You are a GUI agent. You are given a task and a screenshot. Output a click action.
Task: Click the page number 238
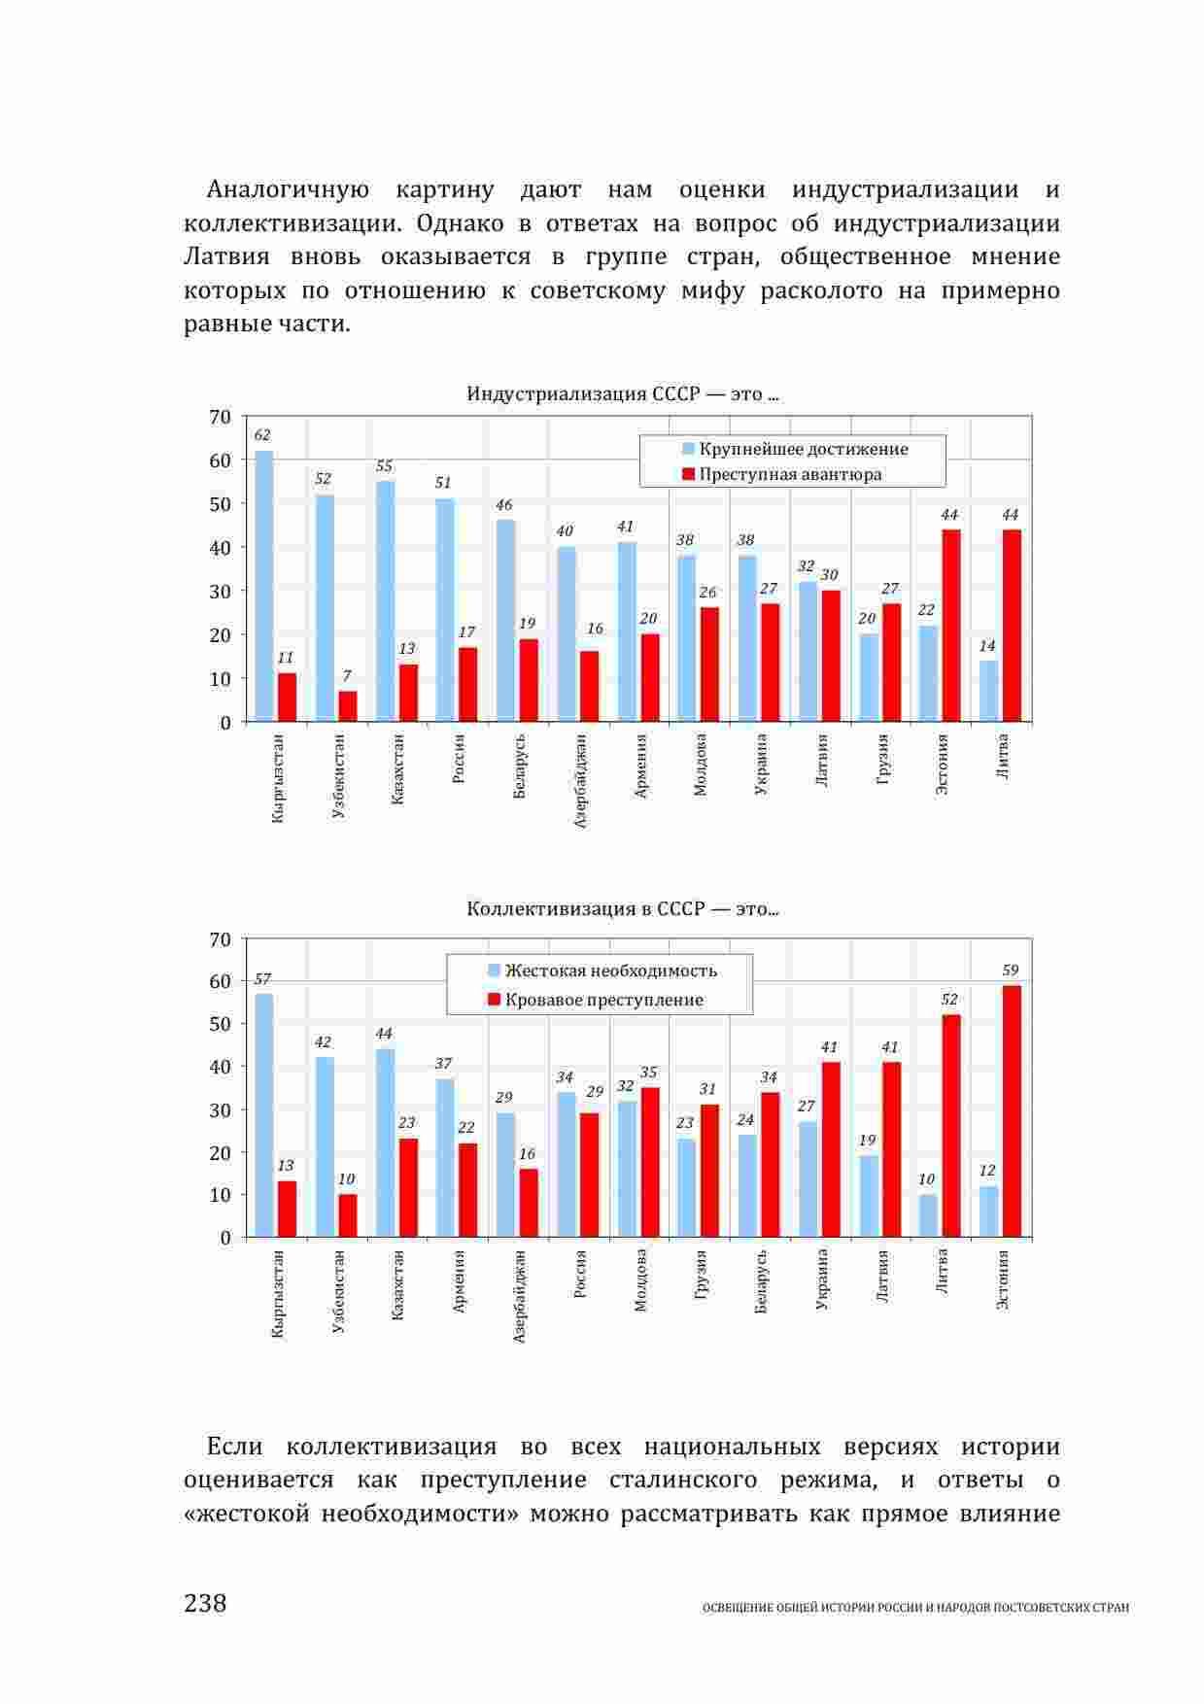[205, 1603]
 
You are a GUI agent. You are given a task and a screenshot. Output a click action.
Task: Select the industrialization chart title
[622, 394]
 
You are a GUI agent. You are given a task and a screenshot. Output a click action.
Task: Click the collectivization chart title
[622, 909]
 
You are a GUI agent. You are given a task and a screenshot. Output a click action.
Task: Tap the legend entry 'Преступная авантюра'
[790, 474]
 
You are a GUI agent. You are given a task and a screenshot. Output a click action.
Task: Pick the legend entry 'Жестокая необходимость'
[610, 971]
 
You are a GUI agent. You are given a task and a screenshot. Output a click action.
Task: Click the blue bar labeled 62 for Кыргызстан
[263, 586]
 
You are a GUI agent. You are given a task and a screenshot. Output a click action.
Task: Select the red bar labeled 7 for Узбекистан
[347, 706]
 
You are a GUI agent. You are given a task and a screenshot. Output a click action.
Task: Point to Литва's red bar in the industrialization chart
[1012, 626]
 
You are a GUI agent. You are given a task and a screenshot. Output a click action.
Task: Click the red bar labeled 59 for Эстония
[1012, 1111]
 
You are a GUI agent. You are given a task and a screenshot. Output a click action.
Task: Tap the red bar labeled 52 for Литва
[951, 1126]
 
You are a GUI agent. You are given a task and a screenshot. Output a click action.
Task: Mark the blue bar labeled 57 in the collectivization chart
[263, 1115]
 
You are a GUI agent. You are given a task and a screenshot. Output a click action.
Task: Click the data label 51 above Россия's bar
[443, 483]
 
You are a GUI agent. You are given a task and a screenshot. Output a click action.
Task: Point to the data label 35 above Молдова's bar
[648, 1073]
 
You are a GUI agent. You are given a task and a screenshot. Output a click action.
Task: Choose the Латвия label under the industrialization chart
[822, 762]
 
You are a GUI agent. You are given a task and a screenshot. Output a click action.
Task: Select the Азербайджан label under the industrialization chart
[581, 780]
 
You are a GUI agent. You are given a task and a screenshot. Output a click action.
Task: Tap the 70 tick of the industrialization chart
[221, 418]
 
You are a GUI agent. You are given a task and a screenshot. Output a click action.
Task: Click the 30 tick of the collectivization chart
[221, 1109]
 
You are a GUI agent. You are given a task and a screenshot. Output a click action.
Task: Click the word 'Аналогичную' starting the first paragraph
[288, 189]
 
